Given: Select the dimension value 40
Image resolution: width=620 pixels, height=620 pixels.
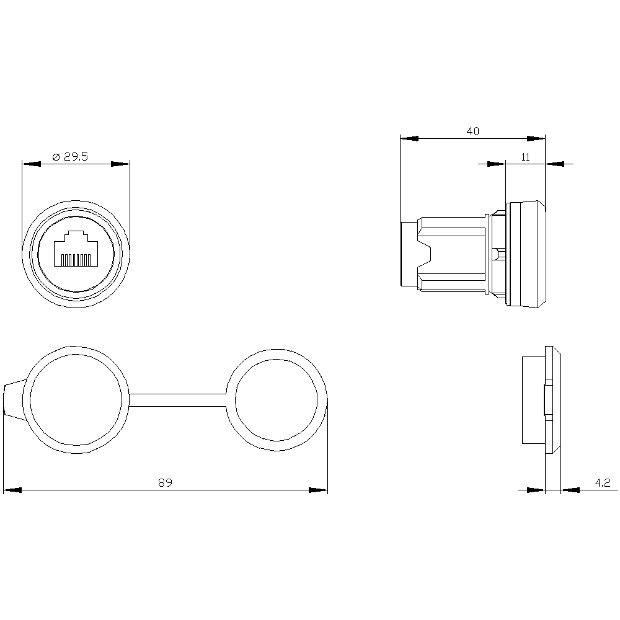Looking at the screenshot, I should [473, 131].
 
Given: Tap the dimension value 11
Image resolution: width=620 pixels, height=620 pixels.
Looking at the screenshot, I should [525, 157].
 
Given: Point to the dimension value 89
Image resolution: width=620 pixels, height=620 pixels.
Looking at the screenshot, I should [164, 482].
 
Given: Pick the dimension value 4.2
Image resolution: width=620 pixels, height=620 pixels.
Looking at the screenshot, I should [603, 482].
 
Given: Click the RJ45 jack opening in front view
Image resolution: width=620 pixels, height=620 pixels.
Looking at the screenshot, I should [76, 250].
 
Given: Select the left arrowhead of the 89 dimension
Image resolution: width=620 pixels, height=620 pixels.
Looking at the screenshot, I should [12, 490].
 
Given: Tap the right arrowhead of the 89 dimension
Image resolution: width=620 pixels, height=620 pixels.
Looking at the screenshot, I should [318, 490].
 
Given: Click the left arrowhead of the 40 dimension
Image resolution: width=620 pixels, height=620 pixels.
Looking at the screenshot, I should [410, 138].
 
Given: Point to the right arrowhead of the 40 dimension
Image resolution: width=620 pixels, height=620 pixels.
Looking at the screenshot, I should [536, 138].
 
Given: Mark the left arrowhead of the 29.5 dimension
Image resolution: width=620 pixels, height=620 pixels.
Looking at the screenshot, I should [31, 164].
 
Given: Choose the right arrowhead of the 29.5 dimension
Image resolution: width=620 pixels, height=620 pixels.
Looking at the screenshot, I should [120, 164].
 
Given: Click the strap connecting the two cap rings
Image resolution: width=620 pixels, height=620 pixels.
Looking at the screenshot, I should [178, 400].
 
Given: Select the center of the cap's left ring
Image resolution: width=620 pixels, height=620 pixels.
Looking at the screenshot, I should [76, 400].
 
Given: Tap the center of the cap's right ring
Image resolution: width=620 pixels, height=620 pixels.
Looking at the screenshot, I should [277, 400].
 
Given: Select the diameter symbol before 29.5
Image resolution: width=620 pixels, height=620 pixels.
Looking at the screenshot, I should [55, 157].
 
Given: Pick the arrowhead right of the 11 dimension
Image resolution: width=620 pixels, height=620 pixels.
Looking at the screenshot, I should [556, 164].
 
